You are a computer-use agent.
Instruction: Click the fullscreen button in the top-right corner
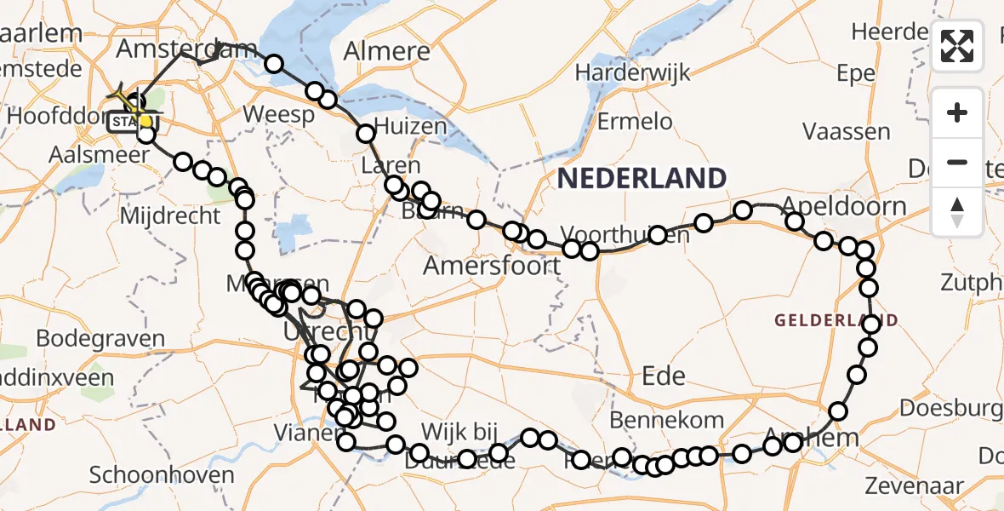(957, 46)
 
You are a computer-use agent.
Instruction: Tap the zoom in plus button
(957, 112)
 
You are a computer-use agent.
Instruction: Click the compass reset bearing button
(957, 212)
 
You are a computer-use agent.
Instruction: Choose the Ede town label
(664, 376)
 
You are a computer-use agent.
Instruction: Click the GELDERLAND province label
(836, 321)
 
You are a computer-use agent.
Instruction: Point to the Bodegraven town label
(100, 338)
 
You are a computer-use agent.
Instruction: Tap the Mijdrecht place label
(170, 216)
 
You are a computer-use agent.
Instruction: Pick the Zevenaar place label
(914, 486)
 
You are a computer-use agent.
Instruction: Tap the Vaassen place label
(847, 132)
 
